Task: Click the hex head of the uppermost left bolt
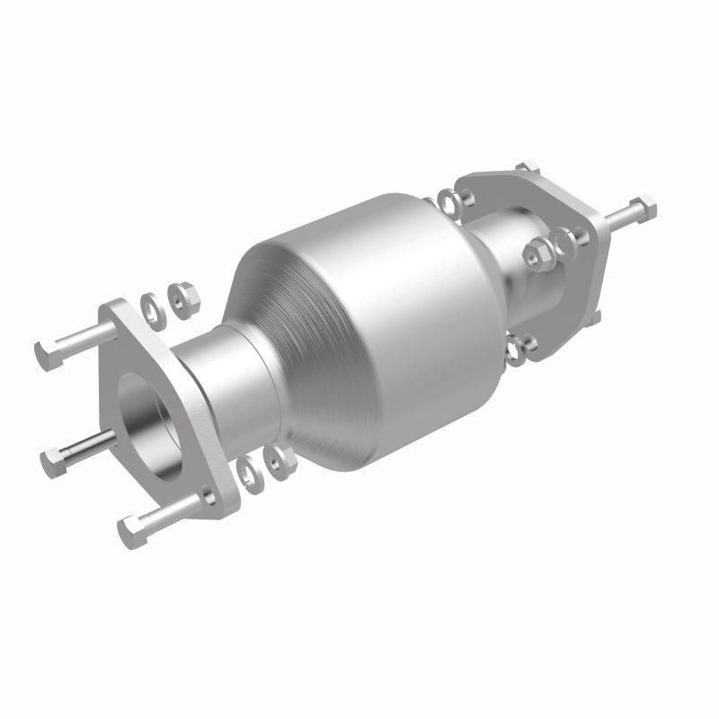(x=49, y=353)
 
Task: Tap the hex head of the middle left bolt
(x=54, y=462)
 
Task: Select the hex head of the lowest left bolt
(x=131, y=532)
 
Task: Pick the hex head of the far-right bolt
(x=645, y=208)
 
